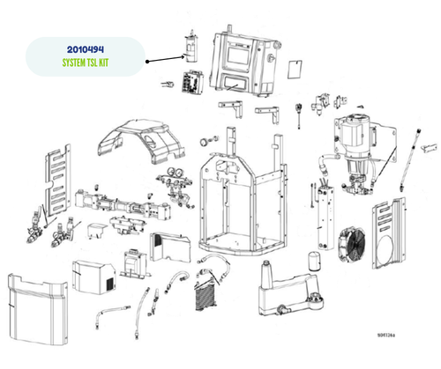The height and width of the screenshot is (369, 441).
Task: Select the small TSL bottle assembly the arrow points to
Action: click(x=188, y=47)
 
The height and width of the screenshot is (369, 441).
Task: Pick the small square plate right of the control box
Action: click(x=296, y=67)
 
